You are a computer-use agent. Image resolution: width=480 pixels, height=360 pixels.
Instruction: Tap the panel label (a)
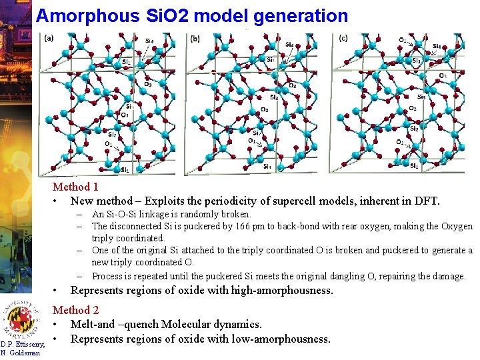tap(49, 39)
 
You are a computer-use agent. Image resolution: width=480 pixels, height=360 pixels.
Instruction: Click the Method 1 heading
tap(75, 187)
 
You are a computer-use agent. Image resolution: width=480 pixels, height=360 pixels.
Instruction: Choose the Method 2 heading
tap(75, 310)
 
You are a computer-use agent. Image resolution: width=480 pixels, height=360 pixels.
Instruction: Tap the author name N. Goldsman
tap(21, 353)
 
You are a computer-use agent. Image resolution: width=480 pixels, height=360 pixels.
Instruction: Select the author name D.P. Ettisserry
tap(23, 344)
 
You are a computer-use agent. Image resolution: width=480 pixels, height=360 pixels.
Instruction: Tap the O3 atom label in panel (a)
tap(147, 84)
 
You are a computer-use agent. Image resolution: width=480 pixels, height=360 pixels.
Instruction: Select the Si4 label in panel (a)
tap(149, 41)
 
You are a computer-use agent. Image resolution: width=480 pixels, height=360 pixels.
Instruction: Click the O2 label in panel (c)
tap(413, 108)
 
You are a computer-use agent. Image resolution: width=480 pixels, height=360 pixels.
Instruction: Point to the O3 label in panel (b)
tap(292, 85)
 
